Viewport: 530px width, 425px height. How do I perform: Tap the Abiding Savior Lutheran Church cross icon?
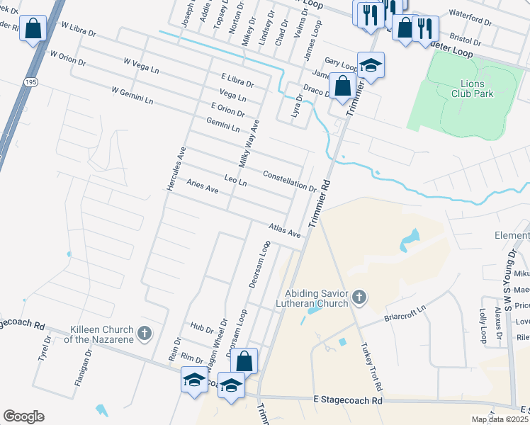pos(359,297)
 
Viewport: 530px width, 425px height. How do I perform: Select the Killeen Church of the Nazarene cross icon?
pos(144,333)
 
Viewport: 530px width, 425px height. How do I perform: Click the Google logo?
pos(23,416)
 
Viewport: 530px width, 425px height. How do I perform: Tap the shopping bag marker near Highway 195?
pos(33,29)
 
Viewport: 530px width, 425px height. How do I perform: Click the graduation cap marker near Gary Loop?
pos(371,66)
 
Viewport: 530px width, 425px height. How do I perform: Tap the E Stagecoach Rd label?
pos(347,401)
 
